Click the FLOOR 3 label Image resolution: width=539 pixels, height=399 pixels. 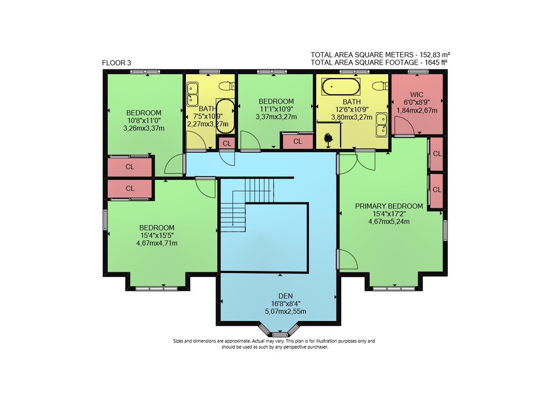pyautogui.click(x=116, y=63)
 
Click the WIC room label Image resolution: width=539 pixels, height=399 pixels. pyautogui.click(x=417, y=94)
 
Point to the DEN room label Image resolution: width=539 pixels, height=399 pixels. pyautogui.click(x=286, y=296)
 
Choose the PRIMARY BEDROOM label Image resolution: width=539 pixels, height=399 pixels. pyautogui.click(x=389, y=206)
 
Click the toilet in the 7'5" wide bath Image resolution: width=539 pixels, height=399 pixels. pyautogui.click(x=227, y=86)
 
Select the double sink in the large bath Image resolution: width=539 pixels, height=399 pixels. pyautogui.click(x=382, y=124)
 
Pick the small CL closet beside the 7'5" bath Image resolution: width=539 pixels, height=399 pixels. pyautogui.click(x=227, y=143)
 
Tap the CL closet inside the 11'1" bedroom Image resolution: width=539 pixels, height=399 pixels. pyautogui.click(x=298, y=142)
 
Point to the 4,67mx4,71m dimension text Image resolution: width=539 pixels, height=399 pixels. pyautogui.click(x=157, y=243)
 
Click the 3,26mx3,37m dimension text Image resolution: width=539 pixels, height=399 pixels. pyautogui.click(x=144, y=128)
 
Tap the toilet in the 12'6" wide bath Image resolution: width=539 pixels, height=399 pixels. pyautogui.click(x=381, y=86)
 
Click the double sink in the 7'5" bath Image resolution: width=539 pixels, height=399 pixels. pyautogui.click(x=192, y=94)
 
